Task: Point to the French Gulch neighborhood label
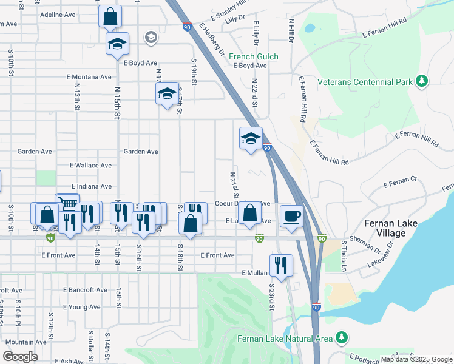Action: click(x=254, y=57)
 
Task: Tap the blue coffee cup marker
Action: click(x=292, y=217)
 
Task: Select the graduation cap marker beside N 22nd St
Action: click(x=251, y=139)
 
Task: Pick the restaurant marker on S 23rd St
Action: click(x=281, y=265)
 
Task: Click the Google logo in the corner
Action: click(x=20, y=357)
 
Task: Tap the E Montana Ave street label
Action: click(x=89, y=77)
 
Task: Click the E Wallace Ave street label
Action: click(x=91, y=165)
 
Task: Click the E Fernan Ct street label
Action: click(x=400, y=179)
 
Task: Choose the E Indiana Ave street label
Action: click(x=92, y=186)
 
